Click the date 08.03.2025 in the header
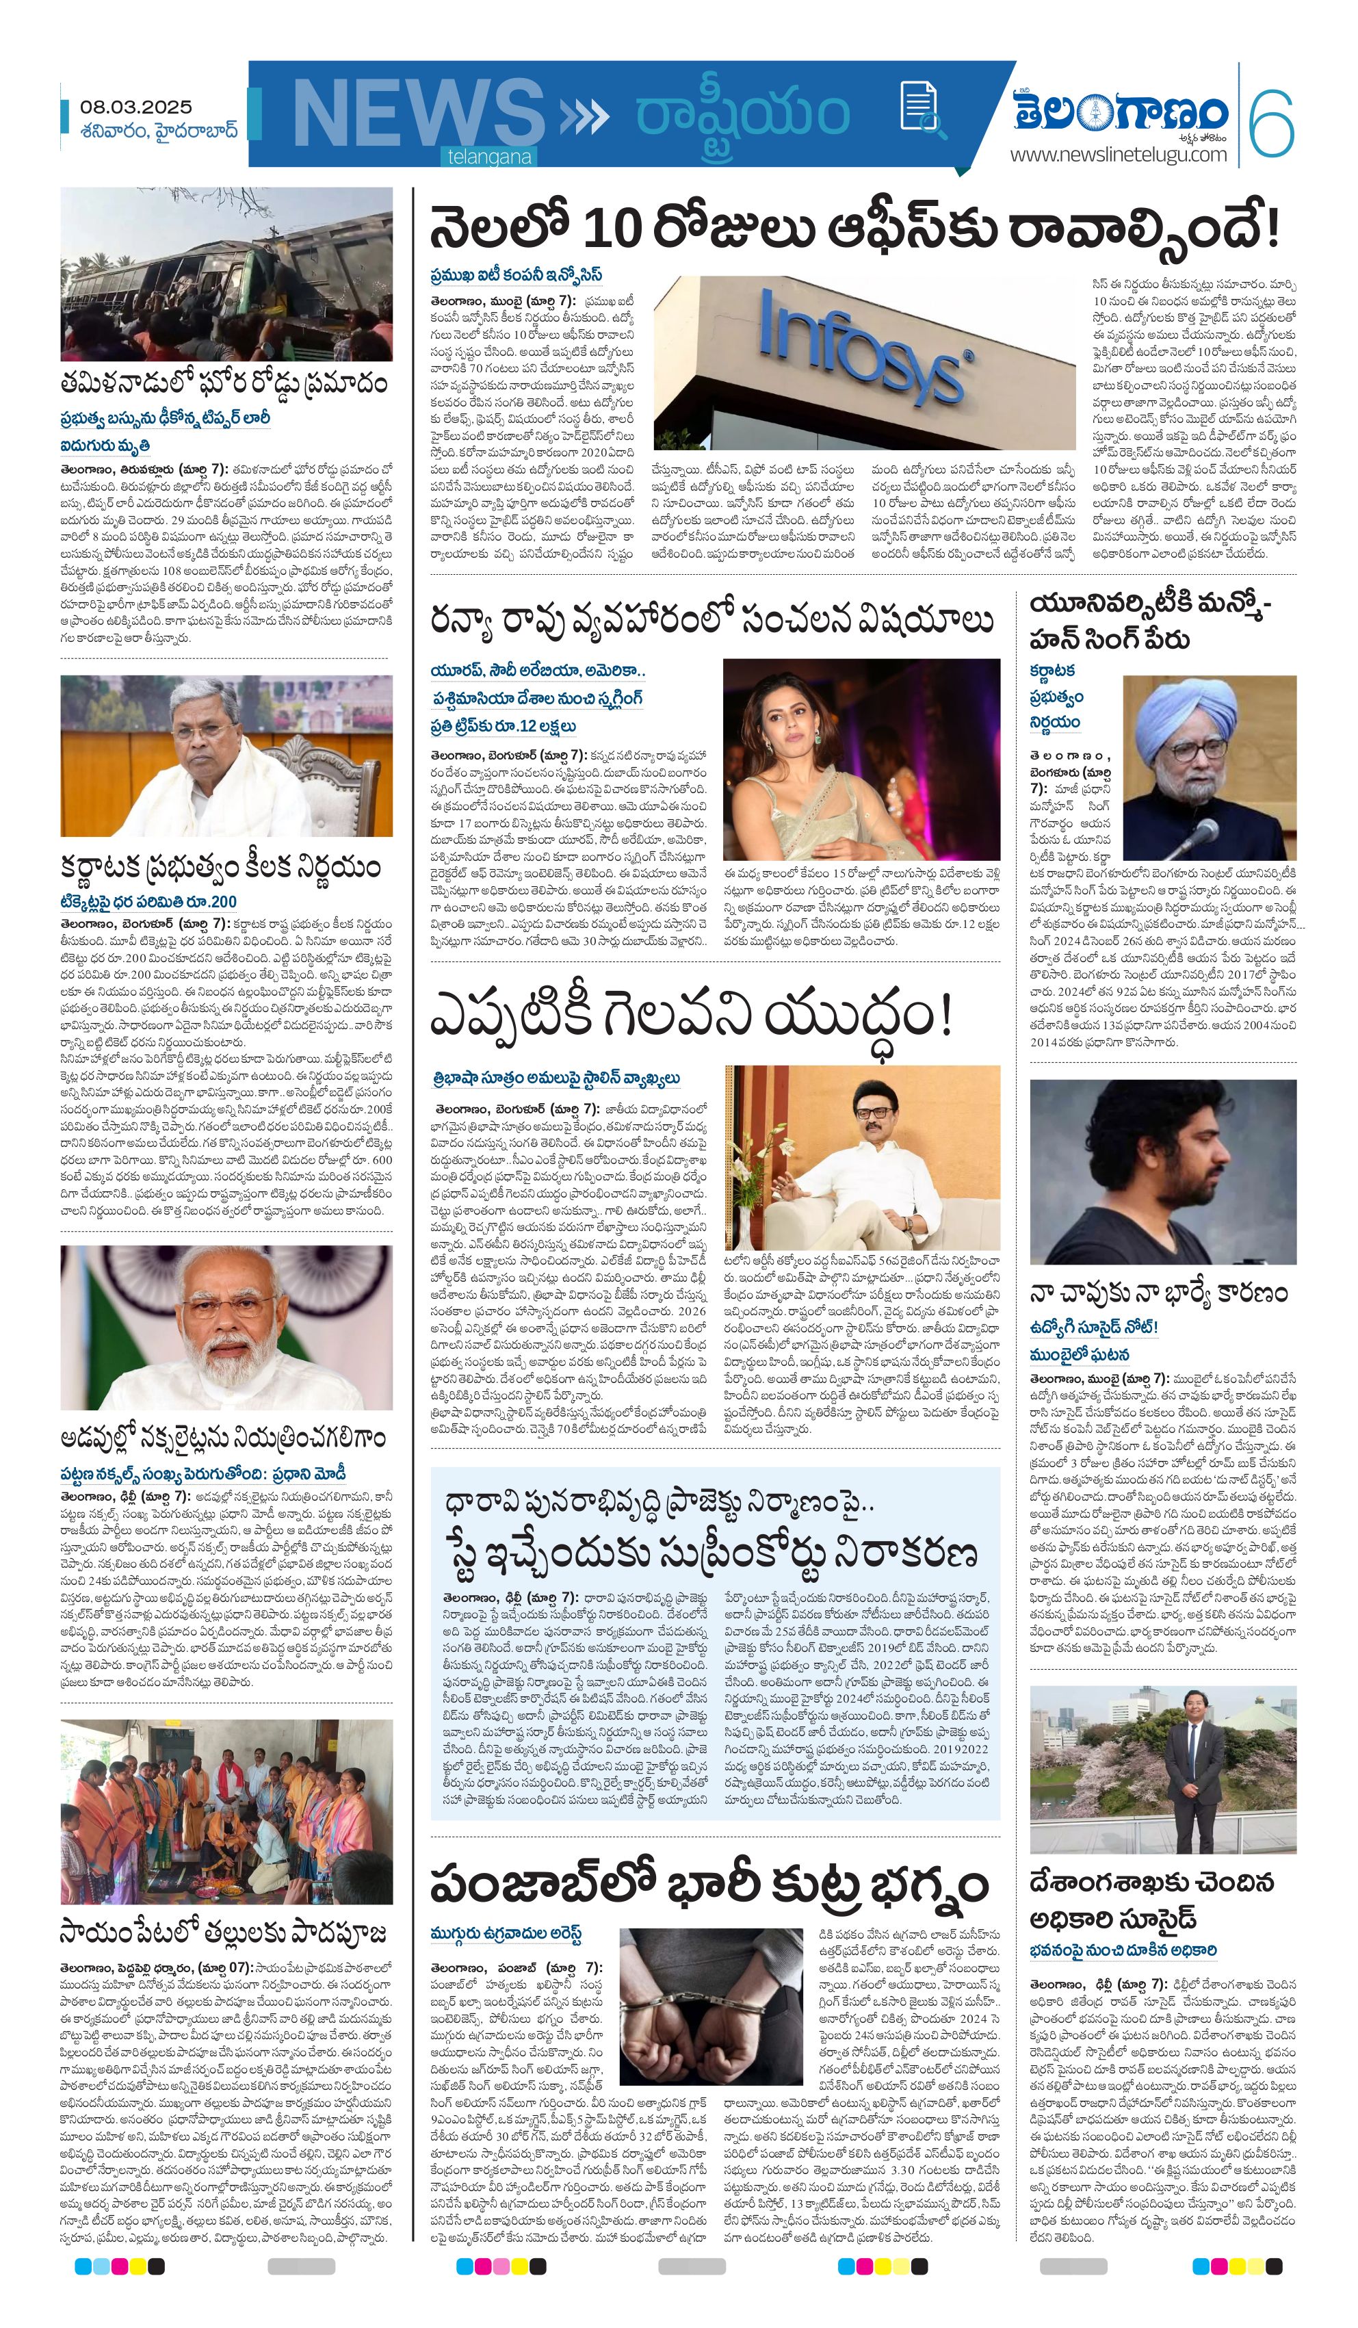[135, 107]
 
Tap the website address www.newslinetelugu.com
[1118, 154]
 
